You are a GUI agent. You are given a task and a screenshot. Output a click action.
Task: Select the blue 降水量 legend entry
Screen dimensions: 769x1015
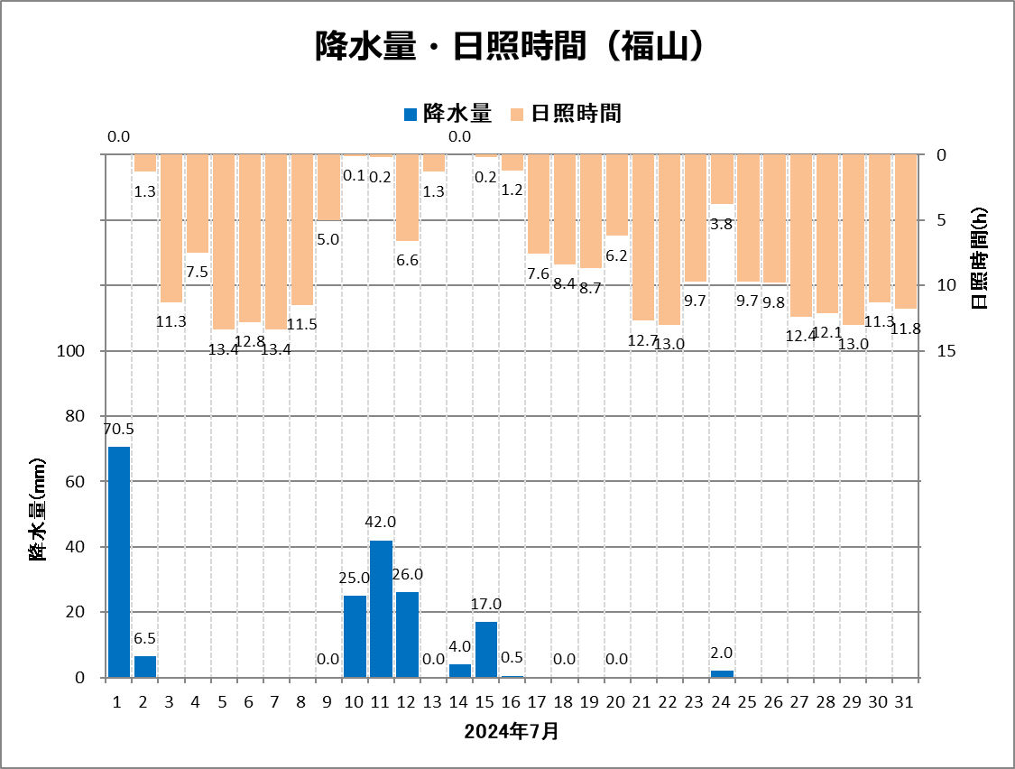coord(448,113)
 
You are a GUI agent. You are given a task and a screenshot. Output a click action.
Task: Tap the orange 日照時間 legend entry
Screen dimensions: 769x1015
coord(566,113)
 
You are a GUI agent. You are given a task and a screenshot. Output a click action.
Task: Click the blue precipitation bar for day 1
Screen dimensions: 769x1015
coord(119,561)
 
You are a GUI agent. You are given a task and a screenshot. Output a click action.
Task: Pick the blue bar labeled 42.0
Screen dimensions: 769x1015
coord(381,608)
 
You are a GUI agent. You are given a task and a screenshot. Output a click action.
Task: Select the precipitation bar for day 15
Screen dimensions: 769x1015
coord(486,649)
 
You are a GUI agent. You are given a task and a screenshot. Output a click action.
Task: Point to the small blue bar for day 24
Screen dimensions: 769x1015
coord(722,673)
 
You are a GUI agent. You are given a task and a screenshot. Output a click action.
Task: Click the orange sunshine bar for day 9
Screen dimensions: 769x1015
coord(328,187)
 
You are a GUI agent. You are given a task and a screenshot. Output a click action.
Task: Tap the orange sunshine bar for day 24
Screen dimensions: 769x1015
coord(722,179)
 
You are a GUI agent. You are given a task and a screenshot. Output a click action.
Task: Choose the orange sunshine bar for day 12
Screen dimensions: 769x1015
coord(407,197)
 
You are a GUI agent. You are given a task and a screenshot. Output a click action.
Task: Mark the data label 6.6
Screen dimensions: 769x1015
coord(407,260)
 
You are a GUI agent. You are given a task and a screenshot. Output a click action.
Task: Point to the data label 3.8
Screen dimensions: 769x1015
coord(721,224)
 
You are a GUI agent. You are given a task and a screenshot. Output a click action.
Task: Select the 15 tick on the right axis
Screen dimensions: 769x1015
coord(946,351)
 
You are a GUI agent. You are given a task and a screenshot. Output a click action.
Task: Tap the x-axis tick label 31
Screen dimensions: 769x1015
coord(906,701)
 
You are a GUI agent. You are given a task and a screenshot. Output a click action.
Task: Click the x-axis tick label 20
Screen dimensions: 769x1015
coord(617,701)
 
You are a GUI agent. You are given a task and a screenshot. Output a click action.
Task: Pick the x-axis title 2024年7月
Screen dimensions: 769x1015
coord(512,731)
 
